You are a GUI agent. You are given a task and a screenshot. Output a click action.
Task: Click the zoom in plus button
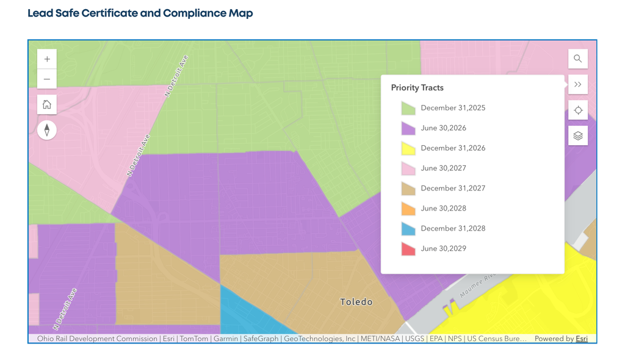click(47, 59)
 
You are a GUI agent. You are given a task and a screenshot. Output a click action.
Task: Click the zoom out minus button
click(47, 79)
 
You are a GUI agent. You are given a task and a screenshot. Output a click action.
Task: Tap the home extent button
click(47, 104)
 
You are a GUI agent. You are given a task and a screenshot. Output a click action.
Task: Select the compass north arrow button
click(47, 130)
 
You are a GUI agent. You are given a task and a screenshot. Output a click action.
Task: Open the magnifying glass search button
click(578, 59)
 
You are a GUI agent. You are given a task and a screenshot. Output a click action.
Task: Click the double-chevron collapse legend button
click(578, 84)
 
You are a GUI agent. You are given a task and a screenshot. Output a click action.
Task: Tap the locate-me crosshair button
click(578, 110)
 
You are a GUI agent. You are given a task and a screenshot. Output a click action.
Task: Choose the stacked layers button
click(578, 135)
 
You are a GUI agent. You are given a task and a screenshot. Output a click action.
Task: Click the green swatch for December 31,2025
click(408, 109)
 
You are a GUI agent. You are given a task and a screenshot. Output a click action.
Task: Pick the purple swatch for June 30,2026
click(408, 128)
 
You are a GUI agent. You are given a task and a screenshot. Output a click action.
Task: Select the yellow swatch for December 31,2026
click(408, 148)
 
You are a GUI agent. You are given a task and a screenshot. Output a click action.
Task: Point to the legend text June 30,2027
click(443, 168)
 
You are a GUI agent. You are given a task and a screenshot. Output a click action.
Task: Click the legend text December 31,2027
click(453, 188)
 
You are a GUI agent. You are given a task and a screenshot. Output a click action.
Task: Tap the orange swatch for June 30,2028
click(408, 209)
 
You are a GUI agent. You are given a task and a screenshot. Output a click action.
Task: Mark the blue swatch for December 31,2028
click(408, 228)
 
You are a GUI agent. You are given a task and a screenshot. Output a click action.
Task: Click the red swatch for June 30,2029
click(408, 249)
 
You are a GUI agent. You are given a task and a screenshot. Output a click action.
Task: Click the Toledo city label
click(356, 302)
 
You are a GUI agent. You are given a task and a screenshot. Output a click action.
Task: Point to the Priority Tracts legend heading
click(417, 88)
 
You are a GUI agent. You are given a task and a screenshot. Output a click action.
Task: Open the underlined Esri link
click(582, 339)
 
